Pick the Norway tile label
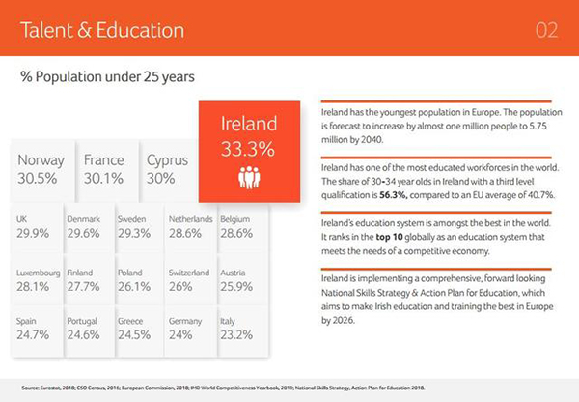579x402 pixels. tap(41, 160)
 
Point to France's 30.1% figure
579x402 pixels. tap(104, 179)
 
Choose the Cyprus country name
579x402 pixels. tap(167, 160)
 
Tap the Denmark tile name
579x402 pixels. tap(84, 219)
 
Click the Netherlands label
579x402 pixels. tap(190, 219)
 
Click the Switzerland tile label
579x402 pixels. tap(189, 273)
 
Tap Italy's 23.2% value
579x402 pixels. tap(236, 335)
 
